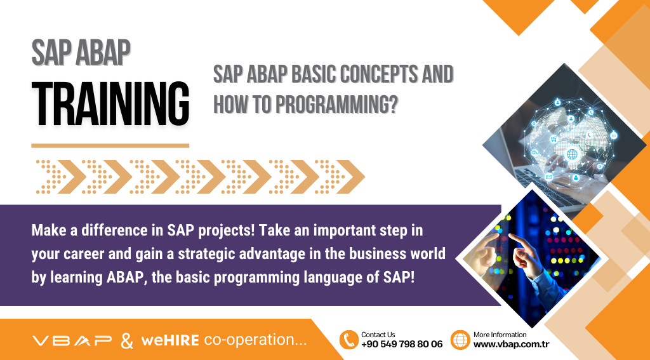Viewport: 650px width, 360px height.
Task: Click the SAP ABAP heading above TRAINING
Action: (x=81, y=54)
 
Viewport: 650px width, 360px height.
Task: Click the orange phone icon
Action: (x=348, y=340)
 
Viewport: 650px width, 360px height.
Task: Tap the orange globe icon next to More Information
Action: (x=460, y=340)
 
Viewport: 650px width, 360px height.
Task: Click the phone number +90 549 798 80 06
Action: (x=401, y=344)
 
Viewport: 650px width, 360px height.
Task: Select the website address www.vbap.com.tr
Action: (x=511, y=344)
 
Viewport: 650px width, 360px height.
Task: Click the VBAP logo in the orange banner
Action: (x=72, y=340)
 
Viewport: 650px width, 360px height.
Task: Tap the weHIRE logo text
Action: (x=170, y=340)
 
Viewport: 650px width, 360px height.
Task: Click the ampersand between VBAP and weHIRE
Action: (x=127, y=340)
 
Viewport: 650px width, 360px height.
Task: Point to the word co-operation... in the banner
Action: (x=255, y=340)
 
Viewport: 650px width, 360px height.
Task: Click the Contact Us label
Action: (x=378, y=334)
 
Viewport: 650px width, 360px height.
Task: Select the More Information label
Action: (x=500, y=334)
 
